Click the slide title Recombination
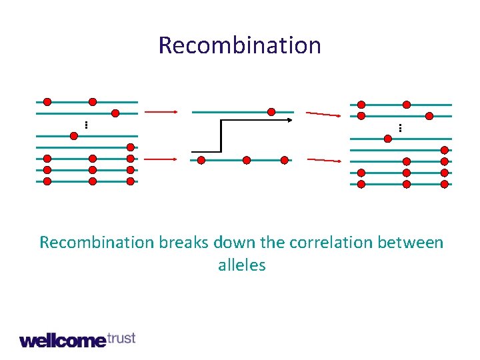[240, 45]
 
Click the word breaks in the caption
[185, 242]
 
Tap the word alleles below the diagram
[241, 265]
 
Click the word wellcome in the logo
[63, 341]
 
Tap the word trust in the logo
[121, 338]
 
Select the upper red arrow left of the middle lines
[161, 112]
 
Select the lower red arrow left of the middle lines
[161, 159]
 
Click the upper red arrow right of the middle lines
[323, 114]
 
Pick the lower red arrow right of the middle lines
[323, 161]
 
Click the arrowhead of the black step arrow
[291, 120]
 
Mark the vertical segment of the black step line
[221, 136]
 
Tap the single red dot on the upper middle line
[271, 111]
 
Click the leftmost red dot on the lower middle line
[201, 160]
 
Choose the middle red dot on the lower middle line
[247, 160]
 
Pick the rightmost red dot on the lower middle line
[285, 160]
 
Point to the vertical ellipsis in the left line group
[87, 124]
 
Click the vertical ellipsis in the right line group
[400, 127]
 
